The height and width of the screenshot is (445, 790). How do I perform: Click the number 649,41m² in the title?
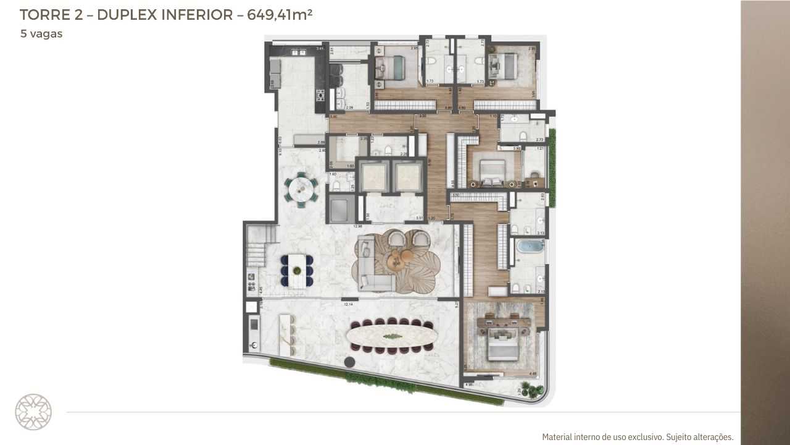pyautogui.click(x=280, y=15)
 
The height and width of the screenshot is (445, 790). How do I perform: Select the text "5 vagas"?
pyautogui.click(x=41, y=34)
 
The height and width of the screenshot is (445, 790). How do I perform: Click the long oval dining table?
pyautogui.click(x=391, y=336)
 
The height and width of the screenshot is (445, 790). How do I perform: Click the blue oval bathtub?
pyautogui.click(x=530, y=246)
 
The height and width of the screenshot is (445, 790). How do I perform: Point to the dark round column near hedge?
pyautogui.click(x=351, y=362)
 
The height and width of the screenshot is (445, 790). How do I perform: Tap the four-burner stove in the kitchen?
pyautogui.click(x=320, y=95)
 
